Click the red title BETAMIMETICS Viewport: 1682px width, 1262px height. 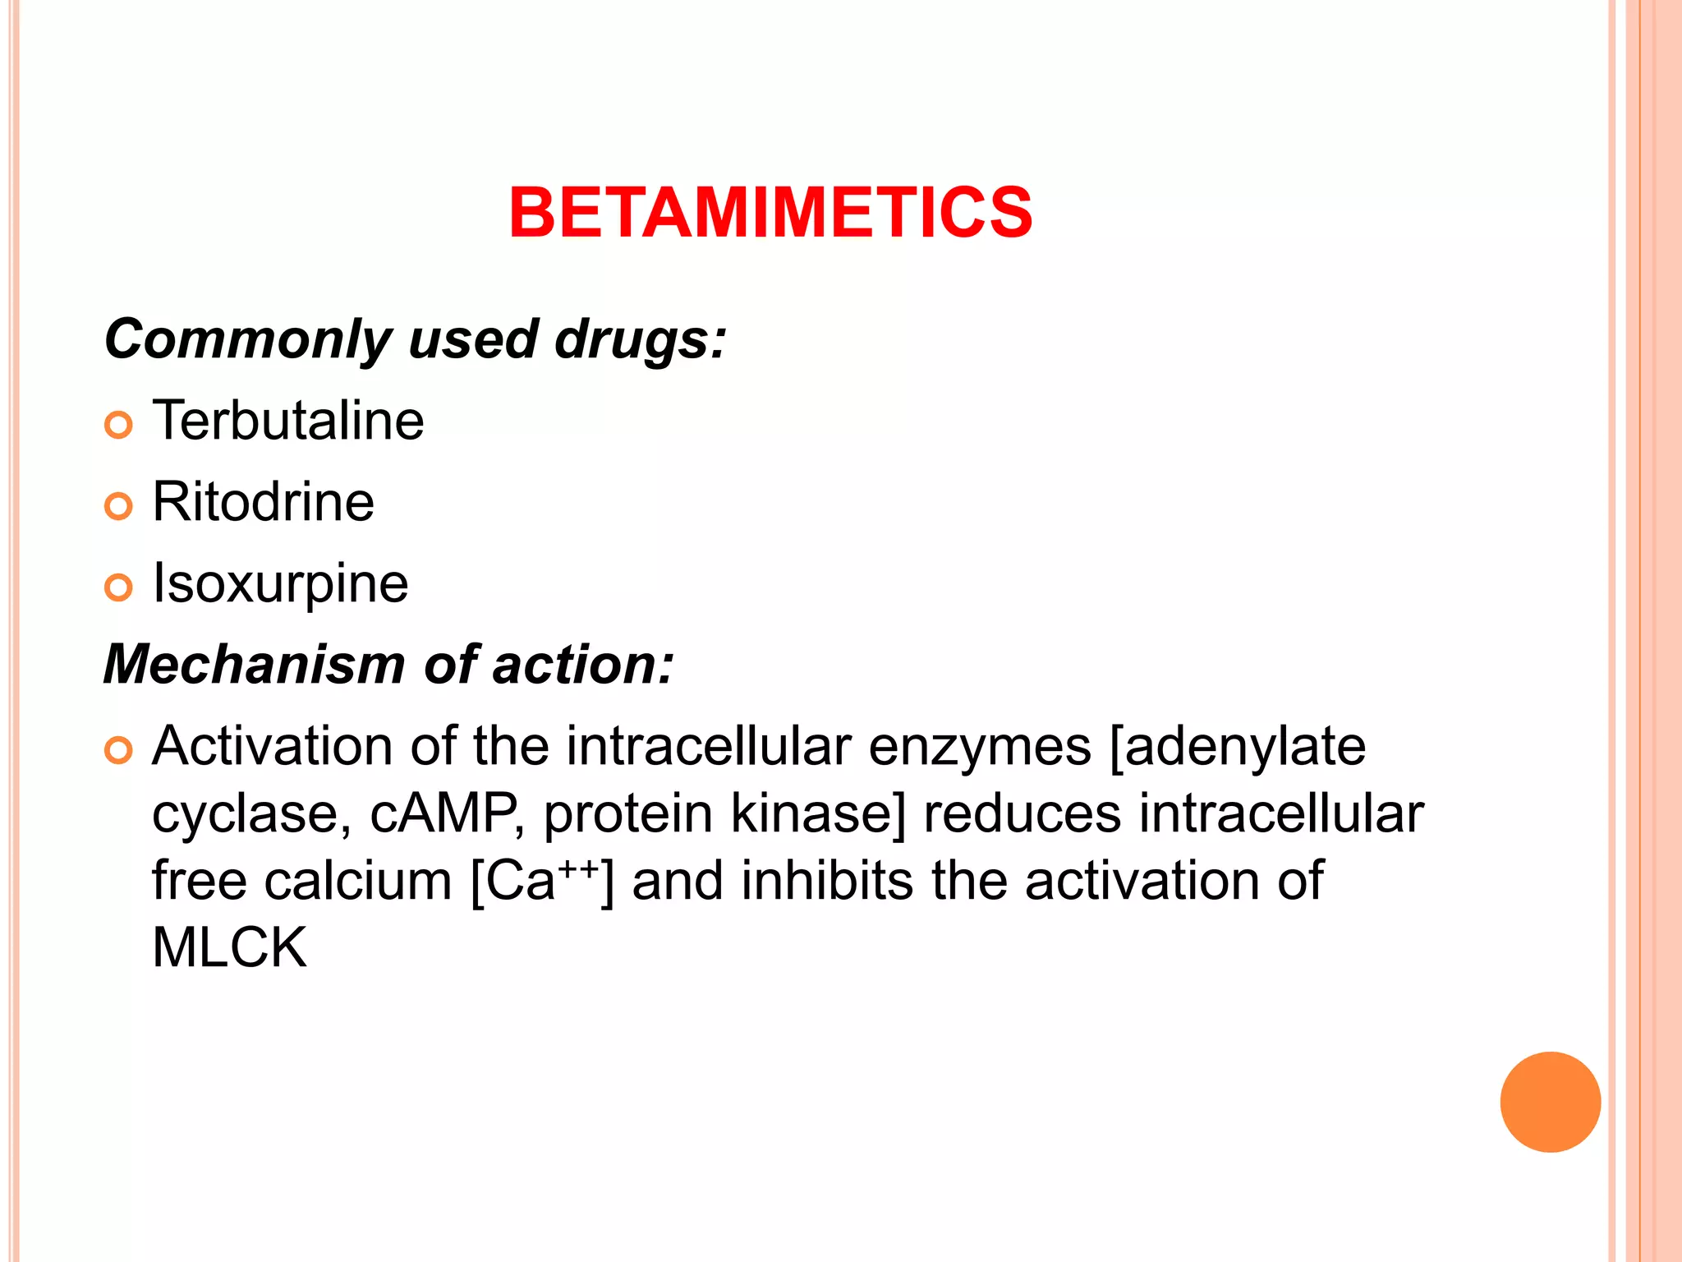pyautogui.click(x=770, y=213)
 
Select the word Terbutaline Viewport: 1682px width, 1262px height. pyautogui.click(x=288, y=421)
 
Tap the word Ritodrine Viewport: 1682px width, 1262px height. pyautogui.click(x=263, y=502)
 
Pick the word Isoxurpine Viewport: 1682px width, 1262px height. pyautogui.click(x=280, y=583)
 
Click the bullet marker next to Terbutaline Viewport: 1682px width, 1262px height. pyautogui.click(x=118, y=425)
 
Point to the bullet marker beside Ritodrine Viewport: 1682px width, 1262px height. pyautogui.click(x=118, y=506)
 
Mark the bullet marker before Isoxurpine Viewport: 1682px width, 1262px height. pyautogui.click(x=118, y=587)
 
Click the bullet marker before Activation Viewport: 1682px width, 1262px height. pyautogui.click(x=118, y=750)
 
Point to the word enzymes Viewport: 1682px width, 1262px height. pyautogui.click(x=980, y=748)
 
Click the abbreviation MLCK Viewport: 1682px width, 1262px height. pyautogui.click(x=229, y=948)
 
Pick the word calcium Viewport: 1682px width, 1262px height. pyautogui.click(x=358, y=881)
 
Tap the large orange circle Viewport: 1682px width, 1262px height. pyautogui.click(x=1550, y=1102)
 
